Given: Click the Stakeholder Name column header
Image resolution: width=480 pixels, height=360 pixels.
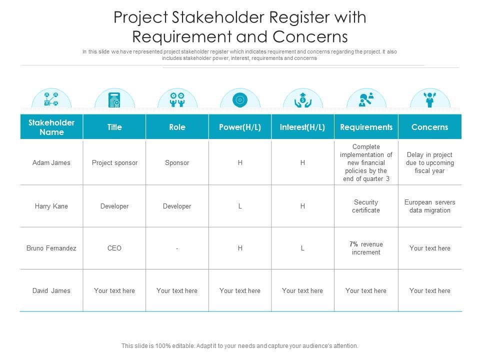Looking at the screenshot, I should [51, 127].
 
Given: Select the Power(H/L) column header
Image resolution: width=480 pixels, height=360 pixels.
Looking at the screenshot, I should [240, 127].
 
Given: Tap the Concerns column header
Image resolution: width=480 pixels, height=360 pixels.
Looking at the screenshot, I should [429, 127].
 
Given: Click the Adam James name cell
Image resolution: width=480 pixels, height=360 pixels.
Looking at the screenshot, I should [51, 162].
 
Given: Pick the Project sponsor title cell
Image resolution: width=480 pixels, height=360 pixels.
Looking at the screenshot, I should [114, 162].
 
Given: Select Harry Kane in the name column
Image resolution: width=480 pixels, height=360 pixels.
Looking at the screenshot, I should [51, 206].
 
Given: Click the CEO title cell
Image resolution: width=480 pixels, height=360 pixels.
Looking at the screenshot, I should [114, 248].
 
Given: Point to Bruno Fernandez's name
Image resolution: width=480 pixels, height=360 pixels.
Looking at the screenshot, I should [51, 248].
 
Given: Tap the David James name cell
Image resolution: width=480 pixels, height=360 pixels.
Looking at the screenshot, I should [51, 290].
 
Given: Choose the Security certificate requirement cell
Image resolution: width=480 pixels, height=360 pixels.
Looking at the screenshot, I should [366, 206].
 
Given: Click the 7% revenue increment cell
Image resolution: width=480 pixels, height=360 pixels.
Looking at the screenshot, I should [366, 248].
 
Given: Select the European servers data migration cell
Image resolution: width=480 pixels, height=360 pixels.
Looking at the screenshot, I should [429, 206].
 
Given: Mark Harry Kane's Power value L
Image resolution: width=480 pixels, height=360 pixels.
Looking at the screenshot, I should [240, 206].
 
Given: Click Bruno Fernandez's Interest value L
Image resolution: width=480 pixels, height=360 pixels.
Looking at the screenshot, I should [302, 248].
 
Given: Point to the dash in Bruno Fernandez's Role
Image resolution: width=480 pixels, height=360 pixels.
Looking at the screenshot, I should [177, 248].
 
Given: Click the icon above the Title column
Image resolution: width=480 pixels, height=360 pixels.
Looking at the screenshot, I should [114, 99].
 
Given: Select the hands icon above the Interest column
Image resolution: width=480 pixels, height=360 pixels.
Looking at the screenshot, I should [302, 99].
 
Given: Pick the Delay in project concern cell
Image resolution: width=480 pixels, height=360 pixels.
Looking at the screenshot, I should [429, 162].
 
